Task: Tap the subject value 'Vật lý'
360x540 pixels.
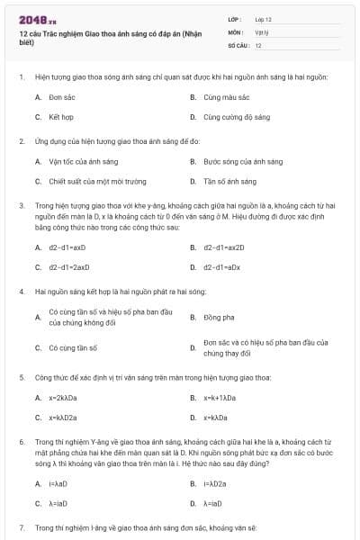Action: coord(261,31)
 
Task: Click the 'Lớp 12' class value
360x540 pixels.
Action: coord(263,19)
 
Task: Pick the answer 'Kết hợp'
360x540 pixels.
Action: coord(60,117)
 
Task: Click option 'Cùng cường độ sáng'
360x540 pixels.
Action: coord(236,117)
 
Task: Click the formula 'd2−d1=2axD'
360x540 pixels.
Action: coord(69,266)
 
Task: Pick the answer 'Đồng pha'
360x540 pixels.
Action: coord(216,317)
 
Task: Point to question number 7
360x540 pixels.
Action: coord(22,525)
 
